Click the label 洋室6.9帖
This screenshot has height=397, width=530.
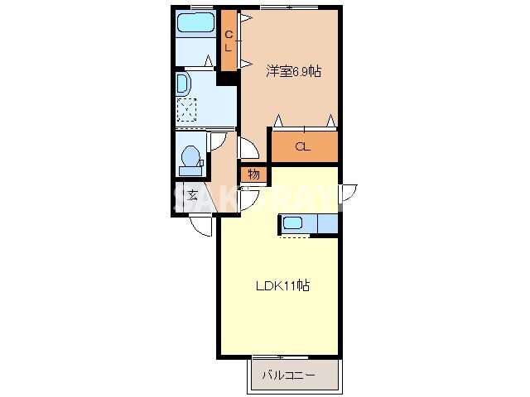[293, 71]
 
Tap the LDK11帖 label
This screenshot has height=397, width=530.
[282, 286]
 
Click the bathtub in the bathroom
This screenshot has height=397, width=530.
[195, 22]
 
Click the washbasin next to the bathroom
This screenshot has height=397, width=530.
[184, 84]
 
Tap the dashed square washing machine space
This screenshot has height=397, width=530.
[188, 110]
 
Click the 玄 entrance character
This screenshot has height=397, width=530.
[192, 195]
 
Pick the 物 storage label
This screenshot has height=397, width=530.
[253, 175]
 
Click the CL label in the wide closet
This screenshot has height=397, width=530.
[304, 147]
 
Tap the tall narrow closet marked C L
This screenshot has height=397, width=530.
[229, 41]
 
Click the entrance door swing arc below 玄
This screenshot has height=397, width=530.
[200, 224]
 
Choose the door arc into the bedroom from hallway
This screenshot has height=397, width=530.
[246, 147]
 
